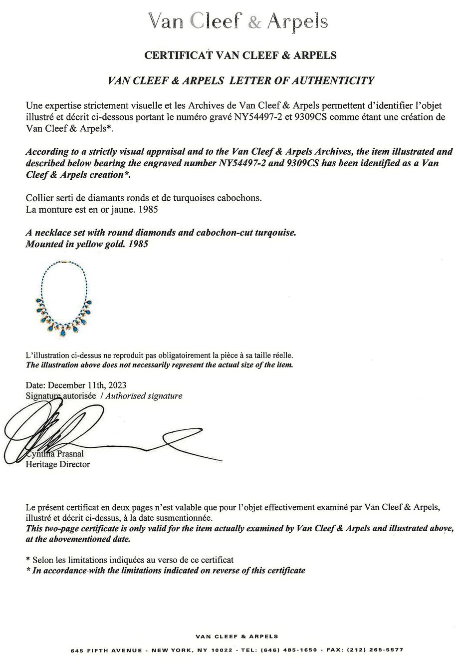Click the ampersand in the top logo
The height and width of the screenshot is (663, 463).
(255, 22)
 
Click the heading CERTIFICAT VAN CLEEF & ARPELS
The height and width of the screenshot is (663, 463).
(240, 55)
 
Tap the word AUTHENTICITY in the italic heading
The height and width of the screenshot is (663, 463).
(331, 80)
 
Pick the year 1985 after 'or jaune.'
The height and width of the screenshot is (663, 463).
(148, 209)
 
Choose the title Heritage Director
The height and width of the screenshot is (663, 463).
(57, 465)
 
